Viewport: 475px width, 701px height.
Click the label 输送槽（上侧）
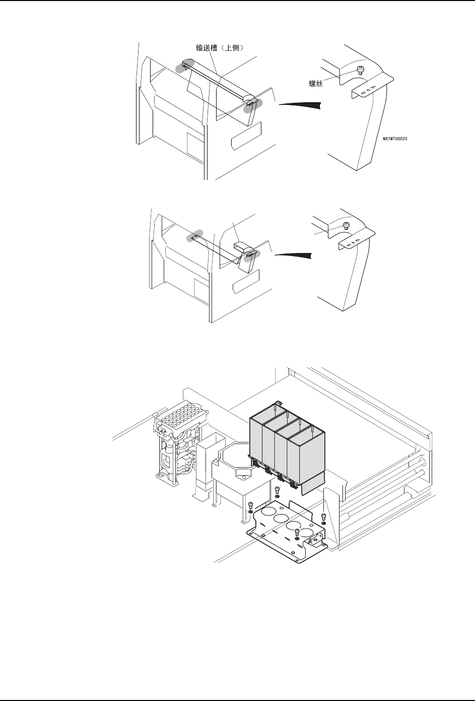coord(220,48)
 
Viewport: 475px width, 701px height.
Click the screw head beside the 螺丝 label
coord(360,69)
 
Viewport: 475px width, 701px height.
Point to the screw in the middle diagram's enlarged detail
coord(346,225)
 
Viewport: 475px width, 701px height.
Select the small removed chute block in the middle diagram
coord(242,247)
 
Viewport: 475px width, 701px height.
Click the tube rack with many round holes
coord(177,419)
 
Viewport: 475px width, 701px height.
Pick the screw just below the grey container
coord(277,491)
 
